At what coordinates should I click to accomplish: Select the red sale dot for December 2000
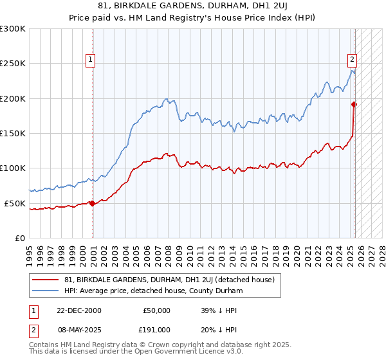[x=93, y=203]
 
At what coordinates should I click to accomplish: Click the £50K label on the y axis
[x=15, y=203]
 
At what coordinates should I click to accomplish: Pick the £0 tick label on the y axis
[x=21, y=238]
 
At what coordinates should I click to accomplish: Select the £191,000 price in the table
[x=156, y=329]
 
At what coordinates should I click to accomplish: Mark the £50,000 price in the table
[x=156, y=310]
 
